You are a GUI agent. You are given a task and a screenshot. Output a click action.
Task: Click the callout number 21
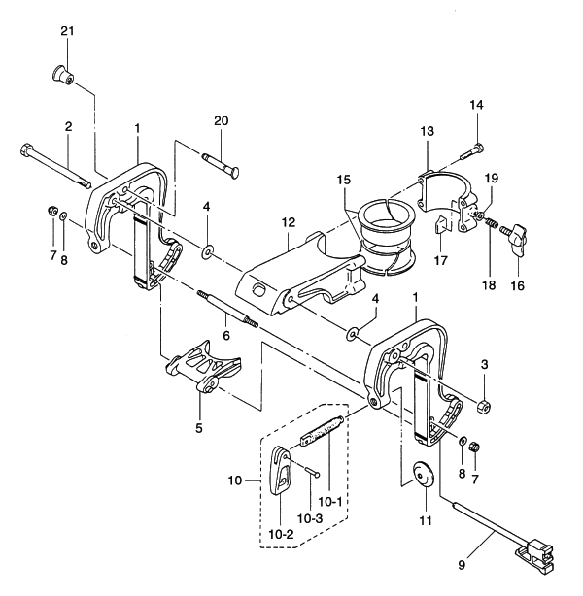point(67,32)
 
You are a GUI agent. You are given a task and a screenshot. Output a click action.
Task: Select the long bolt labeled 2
point(53,164)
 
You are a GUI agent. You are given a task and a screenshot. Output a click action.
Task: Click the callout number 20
point(221,120)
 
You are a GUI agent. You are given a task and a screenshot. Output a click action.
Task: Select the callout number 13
point(429,130)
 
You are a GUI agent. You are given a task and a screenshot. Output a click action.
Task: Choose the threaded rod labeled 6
point(228,311)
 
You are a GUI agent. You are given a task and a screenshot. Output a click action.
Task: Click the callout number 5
point(198,426)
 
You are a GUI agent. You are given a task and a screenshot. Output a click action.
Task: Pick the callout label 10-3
point(310,518)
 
